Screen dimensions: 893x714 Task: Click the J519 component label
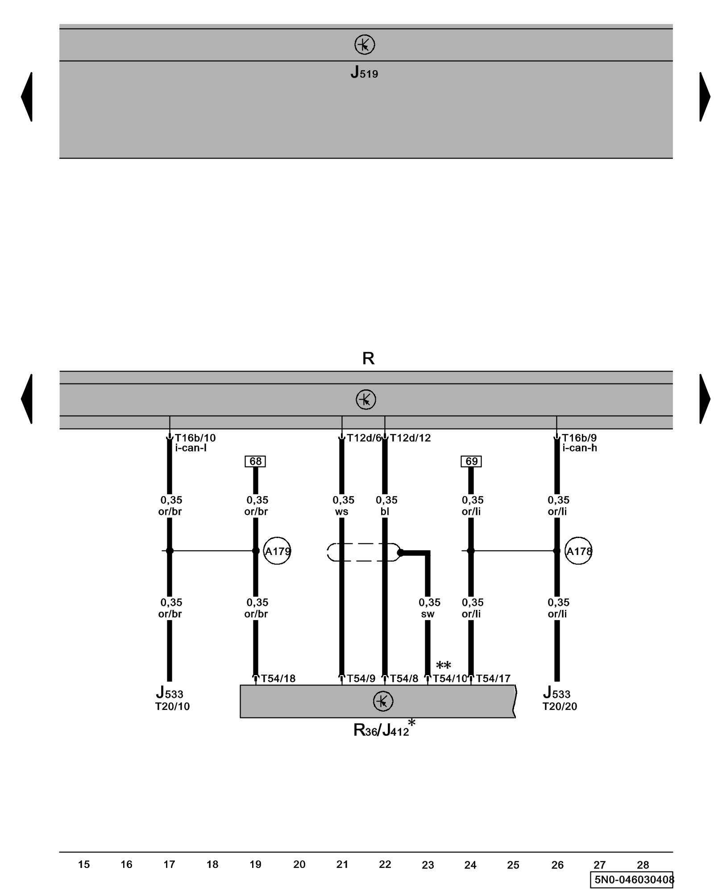click(x=364, y=72)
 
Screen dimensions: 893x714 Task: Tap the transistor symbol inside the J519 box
click(x=365, y=45)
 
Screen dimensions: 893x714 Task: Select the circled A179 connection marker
click(x=277, y=551)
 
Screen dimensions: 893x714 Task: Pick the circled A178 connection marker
click(x=578, y=551)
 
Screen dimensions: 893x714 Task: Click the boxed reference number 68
click(x=255, y=461)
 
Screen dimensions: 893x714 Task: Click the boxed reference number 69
click(x=471, y=461)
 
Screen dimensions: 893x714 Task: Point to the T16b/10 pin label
click(x=195, y=438)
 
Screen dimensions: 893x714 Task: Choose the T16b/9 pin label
click(x=579, y=438)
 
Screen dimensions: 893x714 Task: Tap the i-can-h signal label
click(x=579, y=448)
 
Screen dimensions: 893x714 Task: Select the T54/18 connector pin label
click(x=278, y=679)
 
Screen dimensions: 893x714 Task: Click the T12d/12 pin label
click(x=411, y=438)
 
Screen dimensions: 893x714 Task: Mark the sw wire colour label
click(x=428, y=614)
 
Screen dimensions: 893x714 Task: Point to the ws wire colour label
click(x=342, y=512)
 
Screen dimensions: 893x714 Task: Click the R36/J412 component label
click(x=382, y=730)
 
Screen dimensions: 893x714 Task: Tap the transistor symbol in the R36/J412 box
click(x=383, y=701)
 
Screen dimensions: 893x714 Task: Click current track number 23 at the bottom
click(x=428, y=865)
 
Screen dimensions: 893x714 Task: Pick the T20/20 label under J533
click(x=560, y=706)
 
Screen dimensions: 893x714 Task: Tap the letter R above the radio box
click(x=368, y=358)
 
